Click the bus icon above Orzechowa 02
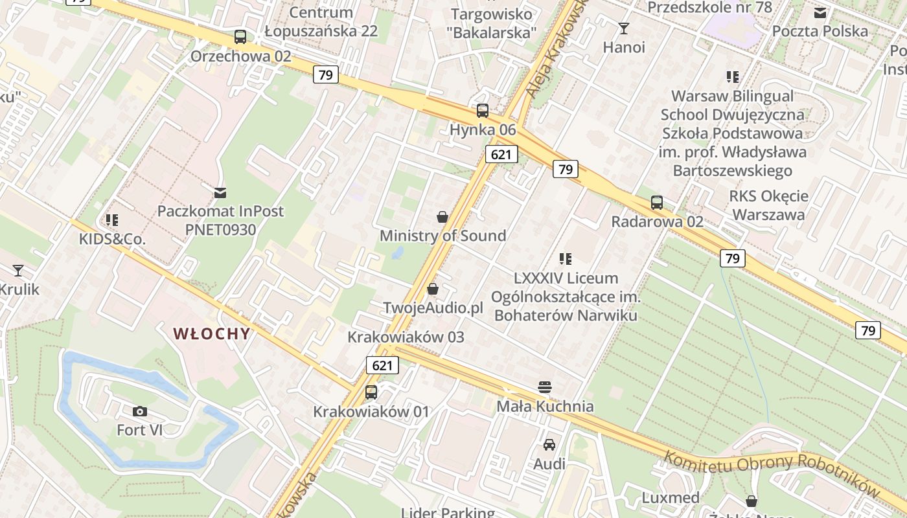(240, 37)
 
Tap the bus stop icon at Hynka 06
(483, 111)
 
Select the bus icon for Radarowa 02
(657, 203)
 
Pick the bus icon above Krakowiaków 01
(371, 392)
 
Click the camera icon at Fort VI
(139, 411)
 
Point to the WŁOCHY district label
(211, 334)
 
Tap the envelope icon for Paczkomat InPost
(220, 192)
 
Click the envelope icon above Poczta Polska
(820, 12)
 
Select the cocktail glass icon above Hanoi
(624, 28)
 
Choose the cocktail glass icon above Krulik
(18, 271)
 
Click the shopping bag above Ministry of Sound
(442, 217)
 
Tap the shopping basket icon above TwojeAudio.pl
(433, 289)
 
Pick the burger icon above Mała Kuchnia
(545, 387)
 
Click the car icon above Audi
(549, 445)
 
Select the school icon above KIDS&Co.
(112, 220)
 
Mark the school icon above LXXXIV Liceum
(566, 259)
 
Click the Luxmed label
(671, 498)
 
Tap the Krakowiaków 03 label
(406, 337)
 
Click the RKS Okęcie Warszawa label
(768, 205)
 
